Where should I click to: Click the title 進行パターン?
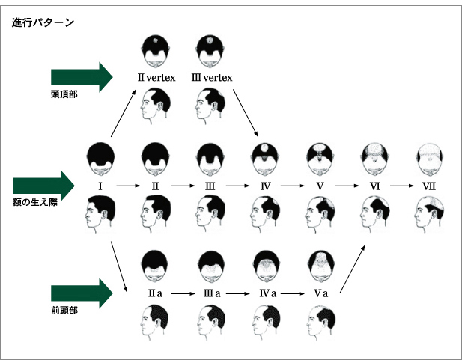[43, 22]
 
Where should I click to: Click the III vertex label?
[213, 77]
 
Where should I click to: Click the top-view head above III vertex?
[210, 50]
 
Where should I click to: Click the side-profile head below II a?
[156, 323]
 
